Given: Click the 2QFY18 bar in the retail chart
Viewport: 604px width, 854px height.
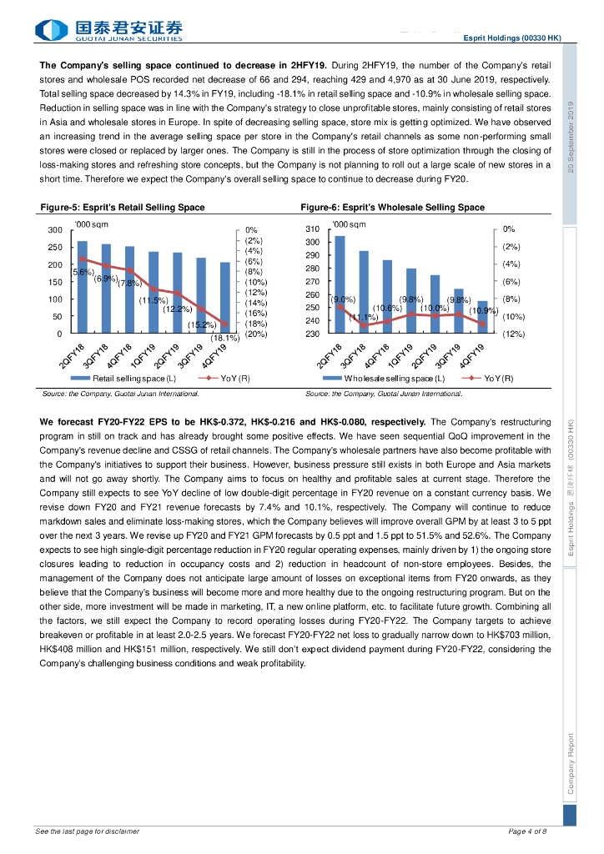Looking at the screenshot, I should pyautogui.click(x=83, y=287).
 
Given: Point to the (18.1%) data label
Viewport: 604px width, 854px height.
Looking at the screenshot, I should pyautogui.click(x=225, y=338).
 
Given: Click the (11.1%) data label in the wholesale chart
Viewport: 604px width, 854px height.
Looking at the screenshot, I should pyautogui.click(x=364, y=317).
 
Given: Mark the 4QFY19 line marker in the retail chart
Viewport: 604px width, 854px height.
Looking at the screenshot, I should pyautogui.click(x=224, y=324).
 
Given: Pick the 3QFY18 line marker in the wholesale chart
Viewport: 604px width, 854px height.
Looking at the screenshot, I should pyautogui.click(x=364, y=324).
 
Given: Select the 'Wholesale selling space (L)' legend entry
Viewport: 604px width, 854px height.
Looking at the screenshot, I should pyautogui.click(x=388, y=379).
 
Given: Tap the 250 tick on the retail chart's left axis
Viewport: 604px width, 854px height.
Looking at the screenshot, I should pyautogui.click(x=54, y=248).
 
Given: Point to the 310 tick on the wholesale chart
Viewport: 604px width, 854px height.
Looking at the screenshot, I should pyautogui.click(x=313, y=229).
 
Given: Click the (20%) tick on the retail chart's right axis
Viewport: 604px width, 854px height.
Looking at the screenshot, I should pyautogui.click(x=255, y=334).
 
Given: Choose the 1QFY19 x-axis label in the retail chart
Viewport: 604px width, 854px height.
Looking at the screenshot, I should pyautogui.click(x=145, y=354).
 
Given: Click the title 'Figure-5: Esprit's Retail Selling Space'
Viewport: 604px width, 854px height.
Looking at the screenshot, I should pyautogui.click(x=123, y=208).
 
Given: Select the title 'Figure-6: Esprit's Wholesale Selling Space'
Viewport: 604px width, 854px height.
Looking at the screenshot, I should pyautogui.click(x=392, y=208).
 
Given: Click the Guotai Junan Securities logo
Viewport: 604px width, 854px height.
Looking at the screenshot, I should pyautogui.click(x=108, y=31).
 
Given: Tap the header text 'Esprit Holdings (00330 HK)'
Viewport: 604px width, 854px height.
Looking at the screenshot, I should pyautogui.click(x=512, y=38).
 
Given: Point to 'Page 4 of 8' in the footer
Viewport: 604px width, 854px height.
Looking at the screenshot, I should pyautogui.click(x=527, y=831).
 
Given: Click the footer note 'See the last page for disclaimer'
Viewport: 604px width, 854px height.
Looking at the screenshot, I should pyautogui.click(x=88, y=831).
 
